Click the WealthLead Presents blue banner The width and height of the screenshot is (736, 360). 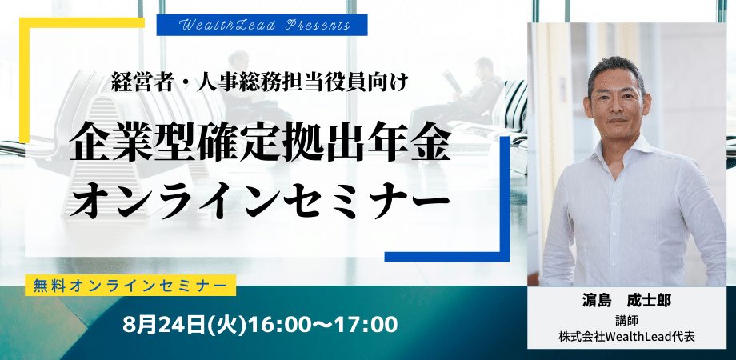coord(262,25)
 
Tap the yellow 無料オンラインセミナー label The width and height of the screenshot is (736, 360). coord(130,286)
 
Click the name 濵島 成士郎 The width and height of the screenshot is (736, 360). coord(626,301)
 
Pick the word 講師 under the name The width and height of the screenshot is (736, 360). coord(626,320)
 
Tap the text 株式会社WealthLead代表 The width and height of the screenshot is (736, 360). coord(626,337)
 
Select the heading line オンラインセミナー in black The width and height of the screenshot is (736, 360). coord(259,199)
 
